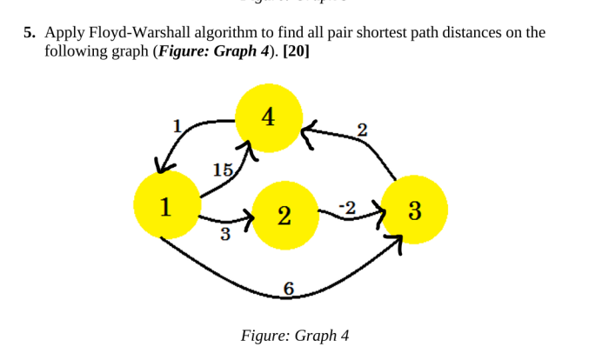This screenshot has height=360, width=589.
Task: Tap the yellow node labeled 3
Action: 414,210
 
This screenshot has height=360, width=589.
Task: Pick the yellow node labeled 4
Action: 269,118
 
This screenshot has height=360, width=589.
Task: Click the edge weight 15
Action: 223,170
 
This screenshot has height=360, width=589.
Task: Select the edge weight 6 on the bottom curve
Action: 288,290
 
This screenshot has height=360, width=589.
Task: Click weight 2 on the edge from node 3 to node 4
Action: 362,130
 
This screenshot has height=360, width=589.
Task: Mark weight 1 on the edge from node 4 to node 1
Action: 178,125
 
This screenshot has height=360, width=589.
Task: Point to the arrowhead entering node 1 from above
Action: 161,165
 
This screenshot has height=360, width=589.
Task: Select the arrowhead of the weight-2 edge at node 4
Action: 308,132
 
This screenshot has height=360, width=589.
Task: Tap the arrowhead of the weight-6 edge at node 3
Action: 396,249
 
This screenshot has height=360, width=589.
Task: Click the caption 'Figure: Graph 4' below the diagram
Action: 294,336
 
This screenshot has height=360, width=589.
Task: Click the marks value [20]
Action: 296,50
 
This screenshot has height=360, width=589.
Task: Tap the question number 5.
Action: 29,33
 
